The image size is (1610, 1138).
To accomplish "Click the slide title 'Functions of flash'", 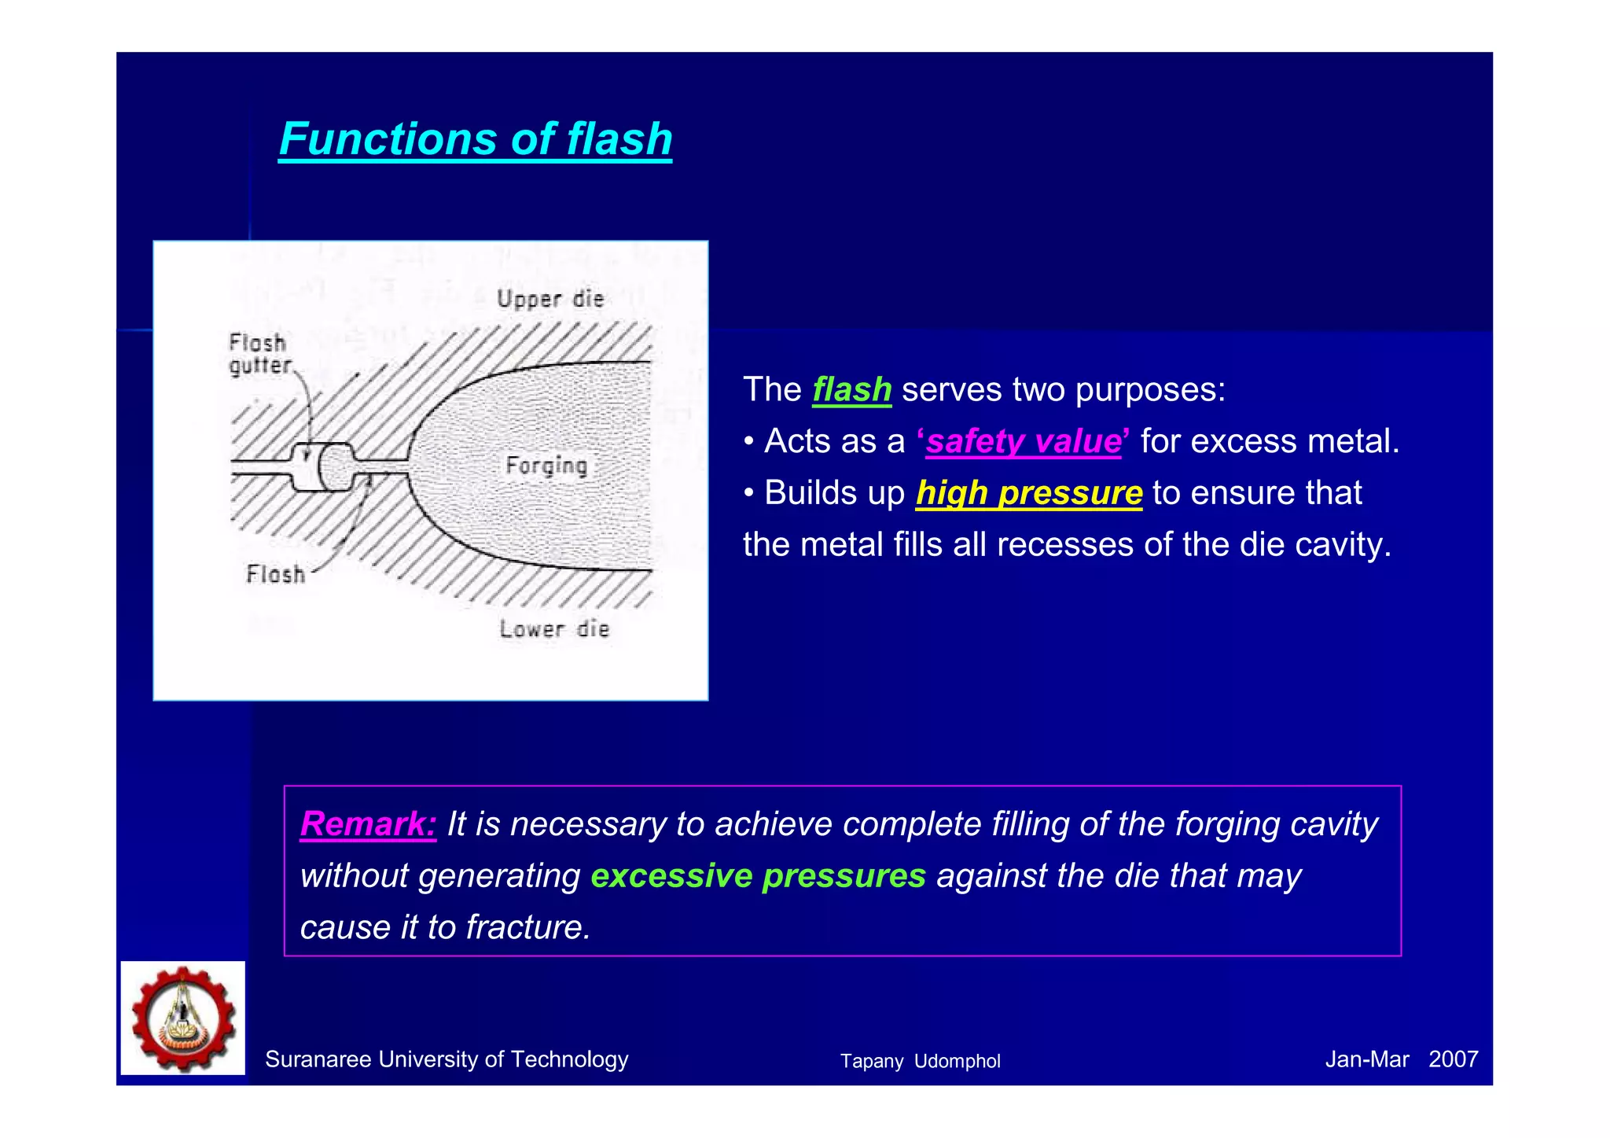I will pos(476,139).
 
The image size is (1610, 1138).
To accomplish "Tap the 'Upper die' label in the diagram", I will pos(550,299).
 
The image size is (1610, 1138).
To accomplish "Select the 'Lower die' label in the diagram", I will pos(554,629).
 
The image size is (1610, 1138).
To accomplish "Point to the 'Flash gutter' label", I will pos(259,354).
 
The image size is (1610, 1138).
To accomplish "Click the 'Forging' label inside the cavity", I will pos(546,465).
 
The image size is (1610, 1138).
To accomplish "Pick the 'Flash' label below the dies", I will pos(275,574).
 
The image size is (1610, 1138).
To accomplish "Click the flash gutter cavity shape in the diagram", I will pos(324,467).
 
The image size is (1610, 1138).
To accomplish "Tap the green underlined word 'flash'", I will pos(851,390).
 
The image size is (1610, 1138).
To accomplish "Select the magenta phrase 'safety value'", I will pos(1023,441).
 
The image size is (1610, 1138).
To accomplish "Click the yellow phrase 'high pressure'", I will pos(1028,493).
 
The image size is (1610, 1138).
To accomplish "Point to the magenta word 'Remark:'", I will pos(368,824).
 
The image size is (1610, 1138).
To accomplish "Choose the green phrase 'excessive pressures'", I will pos(758,876).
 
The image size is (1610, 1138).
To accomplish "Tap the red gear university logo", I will pos(183,1018).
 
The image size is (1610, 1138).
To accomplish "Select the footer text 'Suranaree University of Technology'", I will pos(447,1059).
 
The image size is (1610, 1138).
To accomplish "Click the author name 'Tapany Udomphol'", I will pos(920,1061).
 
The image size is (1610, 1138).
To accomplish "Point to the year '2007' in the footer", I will pos(1453,1059).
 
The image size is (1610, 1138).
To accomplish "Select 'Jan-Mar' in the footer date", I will pos(1366,1059).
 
